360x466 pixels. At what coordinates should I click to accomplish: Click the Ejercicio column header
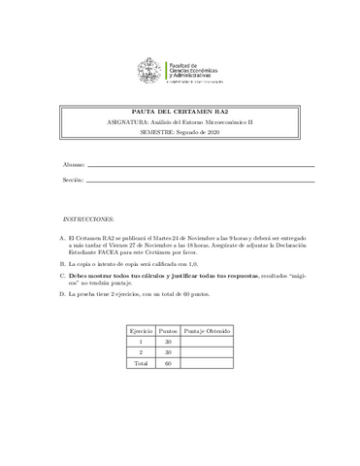click(x=141, y=330)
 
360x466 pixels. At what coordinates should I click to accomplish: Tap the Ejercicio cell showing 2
click(x=141, y=352)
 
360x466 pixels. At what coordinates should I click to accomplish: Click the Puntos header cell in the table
click(x=169, y=330)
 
